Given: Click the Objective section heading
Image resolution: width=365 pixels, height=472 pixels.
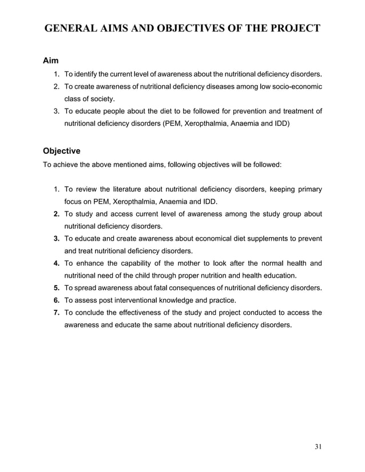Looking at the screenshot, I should pos(62,151).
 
